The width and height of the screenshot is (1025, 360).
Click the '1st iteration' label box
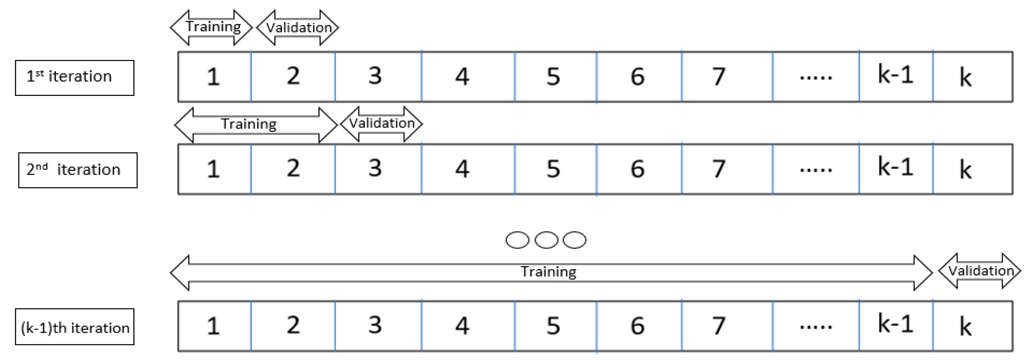click(75, 77)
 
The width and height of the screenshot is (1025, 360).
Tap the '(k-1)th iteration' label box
click(75, 327)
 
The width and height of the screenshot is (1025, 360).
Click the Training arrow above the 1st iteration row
click(211, 27)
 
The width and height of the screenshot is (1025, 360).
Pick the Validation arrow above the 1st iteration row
click(298, 27)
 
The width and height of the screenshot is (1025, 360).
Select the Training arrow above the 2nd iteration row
click(256, 125)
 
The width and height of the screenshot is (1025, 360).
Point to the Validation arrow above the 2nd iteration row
click(381, 124)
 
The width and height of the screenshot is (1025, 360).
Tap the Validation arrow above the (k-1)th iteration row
click(980, 271)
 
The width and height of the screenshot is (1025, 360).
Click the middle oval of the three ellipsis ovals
click(546, 240)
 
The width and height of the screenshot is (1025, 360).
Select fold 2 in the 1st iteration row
click(293, 76)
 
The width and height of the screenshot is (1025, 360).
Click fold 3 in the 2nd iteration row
click(378, 169)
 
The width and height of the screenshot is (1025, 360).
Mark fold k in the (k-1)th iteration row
click(972, 326)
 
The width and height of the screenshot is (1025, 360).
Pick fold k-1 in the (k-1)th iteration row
click(896, 326)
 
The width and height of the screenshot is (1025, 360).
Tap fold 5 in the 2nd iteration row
click(555, 169)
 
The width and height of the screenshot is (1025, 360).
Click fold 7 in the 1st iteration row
click(727, 76)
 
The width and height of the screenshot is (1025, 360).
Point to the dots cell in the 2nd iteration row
click(816, 169)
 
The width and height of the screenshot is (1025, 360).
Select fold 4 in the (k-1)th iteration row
click(468, 326)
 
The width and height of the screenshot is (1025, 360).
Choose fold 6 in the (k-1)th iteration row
click(639, 326)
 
